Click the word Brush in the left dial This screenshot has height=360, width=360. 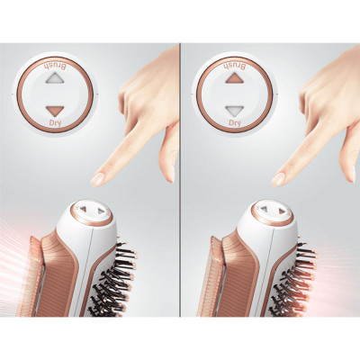[56, 67]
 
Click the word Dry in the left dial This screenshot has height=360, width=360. [55, 122]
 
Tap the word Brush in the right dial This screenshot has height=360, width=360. [235, 66]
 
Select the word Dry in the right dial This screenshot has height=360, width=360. [235, 122]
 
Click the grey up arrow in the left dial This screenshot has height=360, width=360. [55, 79]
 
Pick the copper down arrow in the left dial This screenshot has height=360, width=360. [55, 112]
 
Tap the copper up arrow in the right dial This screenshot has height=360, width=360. [235, 78]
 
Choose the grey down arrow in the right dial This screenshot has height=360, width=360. [235, 111]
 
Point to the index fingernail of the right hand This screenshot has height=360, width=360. [278, 179]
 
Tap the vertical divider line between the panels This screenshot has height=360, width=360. [180, 180]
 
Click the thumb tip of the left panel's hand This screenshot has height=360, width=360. [170, 174]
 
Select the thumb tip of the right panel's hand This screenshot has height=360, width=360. [351, 174]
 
